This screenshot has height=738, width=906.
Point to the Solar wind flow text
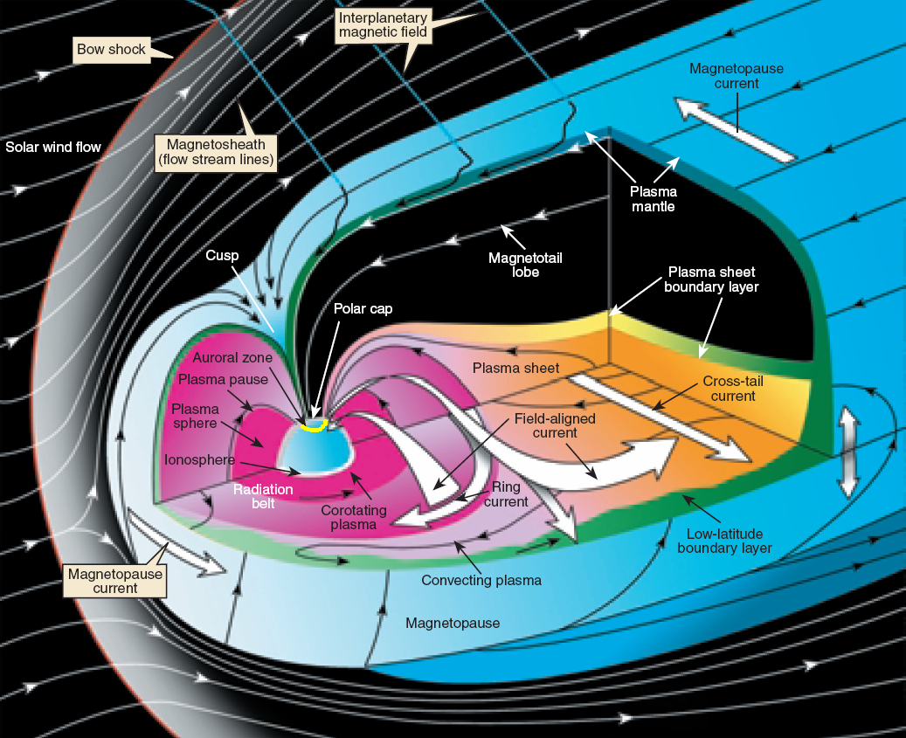53,147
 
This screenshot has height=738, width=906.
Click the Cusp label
223,255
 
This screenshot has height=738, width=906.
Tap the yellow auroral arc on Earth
312,425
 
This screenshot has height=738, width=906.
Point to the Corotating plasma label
348,516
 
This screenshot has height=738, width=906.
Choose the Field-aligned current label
555,425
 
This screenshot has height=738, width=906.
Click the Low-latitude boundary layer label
725,541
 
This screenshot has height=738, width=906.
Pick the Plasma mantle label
655,198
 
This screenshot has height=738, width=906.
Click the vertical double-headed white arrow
846,452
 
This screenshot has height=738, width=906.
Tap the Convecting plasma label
481,580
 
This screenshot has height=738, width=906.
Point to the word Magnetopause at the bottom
453,624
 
